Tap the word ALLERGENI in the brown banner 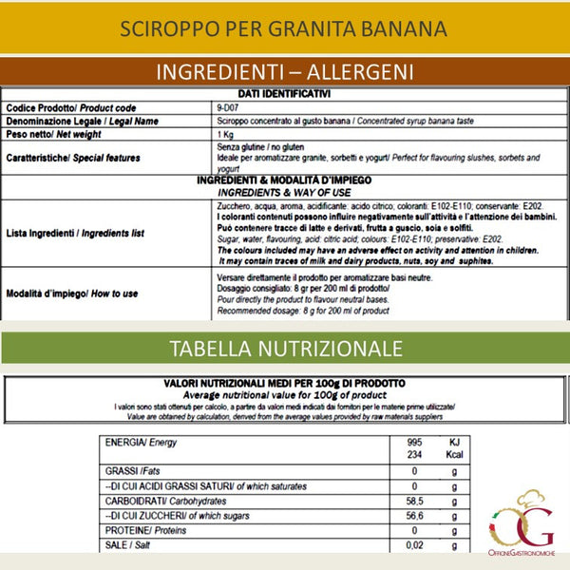(352, 72)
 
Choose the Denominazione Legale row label (82, 122)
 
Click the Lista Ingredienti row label (75, 232)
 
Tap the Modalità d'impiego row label (71, 294)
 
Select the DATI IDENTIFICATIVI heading (284, 94)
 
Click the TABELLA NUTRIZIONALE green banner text (284, 348)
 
